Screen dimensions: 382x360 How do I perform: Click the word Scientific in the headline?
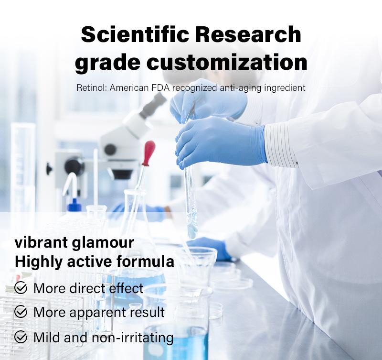tap(135, 34)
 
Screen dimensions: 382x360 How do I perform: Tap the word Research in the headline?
tap(248, 34)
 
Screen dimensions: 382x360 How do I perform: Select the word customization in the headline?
tap(227, 63)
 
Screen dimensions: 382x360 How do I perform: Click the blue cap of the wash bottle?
tap(74, 206)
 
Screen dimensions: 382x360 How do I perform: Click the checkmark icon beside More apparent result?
tap(21, 311)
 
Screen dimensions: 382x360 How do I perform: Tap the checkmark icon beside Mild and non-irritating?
tap(21, 337)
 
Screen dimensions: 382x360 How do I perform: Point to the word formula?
tap(145, 261)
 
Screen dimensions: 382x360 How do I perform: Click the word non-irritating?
tap(133, 338)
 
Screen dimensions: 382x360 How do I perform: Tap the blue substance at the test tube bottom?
tap(192, 230)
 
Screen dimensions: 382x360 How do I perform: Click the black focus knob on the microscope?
tap(74, 166)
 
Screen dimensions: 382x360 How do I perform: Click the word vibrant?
tap(41, 243)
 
